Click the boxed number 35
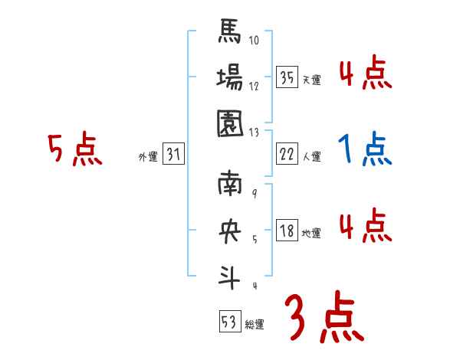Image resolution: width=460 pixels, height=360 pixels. (287, 78)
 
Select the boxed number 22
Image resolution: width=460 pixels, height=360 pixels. (287, 155)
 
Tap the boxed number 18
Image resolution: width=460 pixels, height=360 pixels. (287, 231)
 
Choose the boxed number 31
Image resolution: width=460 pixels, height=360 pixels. (173, 155)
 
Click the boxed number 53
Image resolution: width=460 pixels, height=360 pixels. (229, 322)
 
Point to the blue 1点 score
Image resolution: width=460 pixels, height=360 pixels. (366, 149)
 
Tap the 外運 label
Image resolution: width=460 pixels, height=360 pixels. (147, 157)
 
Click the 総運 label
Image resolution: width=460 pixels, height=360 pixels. (255, 325)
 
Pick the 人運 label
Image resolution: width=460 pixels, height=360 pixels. (312, 157)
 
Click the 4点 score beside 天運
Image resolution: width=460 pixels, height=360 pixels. (366, 74)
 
